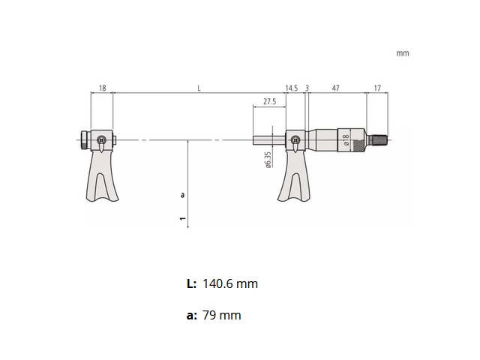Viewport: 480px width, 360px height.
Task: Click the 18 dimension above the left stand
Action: click(x=103, y=88)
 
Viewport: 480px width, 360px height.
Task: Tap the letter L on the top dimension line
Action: click(x=199, y=88)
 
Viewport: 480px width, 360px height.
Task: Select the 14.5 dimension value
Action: click(x=292, y=88)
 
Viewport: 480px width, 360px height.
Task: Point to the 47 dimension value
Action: click(x=336, y=88)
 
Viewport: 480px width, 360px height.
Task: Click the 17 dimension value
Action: click(x=377, y=88)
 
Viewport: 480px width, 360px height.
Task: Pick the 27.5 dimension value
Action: click(x=269, y=102)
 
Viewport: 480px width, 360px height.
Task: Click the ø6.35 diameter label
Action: click(x=268, y=160)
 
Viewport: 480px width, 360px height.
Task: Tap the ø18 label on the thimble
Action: click(x=346, y=139)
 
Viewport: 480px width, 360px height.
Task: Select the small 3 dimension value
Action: click(x=307, y=88)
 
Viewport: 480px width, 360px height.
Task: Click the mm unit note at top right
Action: click(x=403, y=53)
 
